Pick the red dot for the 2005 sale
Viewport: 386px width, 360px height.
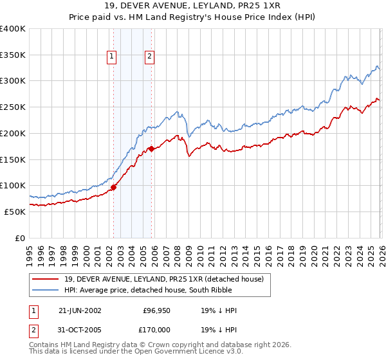(x=151, y=149)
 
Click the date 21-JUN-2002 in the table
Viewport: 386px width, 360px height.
(x=80, y=310)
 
